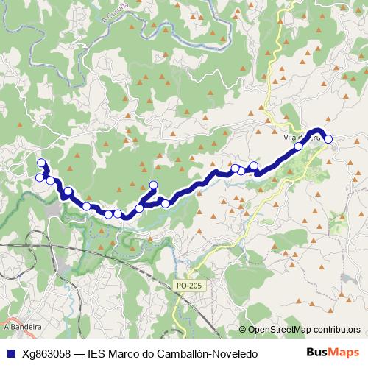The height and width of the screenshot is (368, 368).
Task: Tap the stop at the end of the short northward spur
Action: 153,185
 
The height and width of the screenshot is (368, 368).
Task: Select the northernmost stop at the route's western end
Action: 41,163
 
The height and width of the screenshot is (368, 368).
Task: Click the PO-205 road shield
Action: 188,285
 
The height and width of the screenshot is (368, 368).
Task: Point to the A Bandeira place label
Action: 22,325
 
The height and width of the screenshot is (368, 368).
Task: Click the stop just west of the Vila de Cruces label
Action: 299,146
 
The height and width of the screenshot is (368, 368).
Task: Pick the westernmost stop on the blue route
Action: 40,177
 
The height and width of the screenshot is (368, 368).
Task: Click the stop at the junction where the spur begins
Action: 140,208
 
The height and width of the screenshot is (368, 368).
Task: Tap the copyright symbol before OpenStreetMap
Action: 243,330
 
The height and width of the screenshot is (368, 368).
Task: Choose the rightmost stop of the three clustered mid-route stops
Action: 254,166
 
